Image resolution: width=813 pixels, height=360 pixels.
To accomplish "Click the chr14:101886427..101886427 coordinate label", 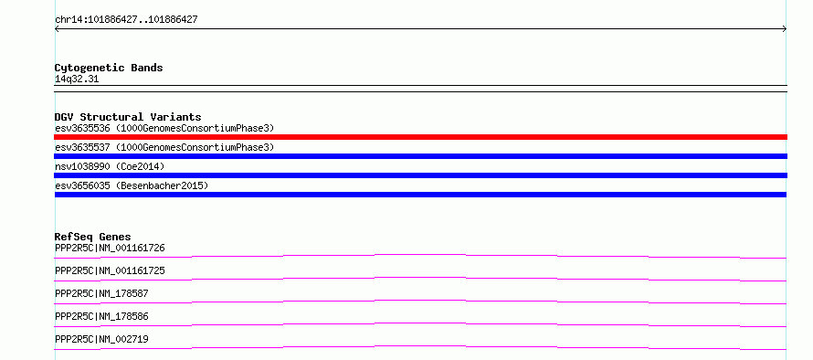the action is click(x=126, y=20).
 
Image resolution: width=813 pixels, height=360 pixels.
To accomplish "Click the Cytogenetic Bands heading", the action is click(x=109, y=68).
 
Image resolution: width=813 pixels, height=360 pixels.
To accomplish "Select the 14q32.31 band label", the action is click(x=77, y=79).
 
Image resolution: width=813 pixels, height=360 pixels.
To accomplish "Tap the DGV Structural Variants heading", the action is click(x=128, y=117).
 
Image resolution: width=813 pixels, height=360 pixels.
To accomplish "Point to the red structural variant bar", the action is click(x=420, y=137).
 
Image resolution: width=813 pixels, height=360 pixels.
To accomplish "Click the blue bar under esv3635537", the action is click(x=420, y=156).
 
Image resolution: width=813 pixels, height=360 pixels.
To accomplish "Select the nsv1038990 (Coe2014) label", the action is click(x=110, y=166).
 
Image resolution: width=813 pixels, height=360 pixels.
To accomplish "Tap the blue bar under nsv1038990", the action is click(x=420, y=175).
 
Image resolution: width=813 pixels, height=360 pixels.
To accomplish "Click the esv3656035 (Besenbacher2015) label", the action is click(x=132, y=185).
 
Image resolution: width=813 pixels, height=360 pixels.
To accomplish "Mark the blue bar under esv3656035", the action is click(x=420, y=195).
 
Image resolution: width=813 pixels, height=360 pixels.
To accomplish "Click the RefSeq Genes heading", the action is click(x=93, y=237).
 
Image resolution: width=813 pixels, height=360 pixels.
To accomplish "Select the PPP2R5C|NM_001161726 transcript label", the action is click(x=110, y=248).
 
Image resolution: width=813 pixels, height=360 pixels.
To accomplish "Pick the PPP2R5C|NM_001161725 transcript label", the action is click(x=110, y=270).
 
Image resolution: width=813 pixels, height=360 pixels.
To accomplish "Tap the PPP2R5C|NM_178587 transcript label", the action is click(x=101, y=293).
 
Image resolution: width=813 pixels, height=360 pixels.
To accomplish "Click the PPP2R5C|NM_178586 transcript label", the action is click(x=101, y=316).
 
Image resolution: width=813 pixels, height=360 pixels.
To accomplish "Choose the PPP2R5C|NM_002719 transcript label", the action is click(x=101, y=339).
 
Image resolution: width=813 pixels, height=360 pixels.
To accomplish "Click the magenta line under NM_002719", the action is click(x=420, y=346).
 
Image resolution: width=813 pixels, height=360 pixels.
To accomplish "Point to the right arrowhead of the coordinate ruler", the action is click(x=786, y=29).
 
